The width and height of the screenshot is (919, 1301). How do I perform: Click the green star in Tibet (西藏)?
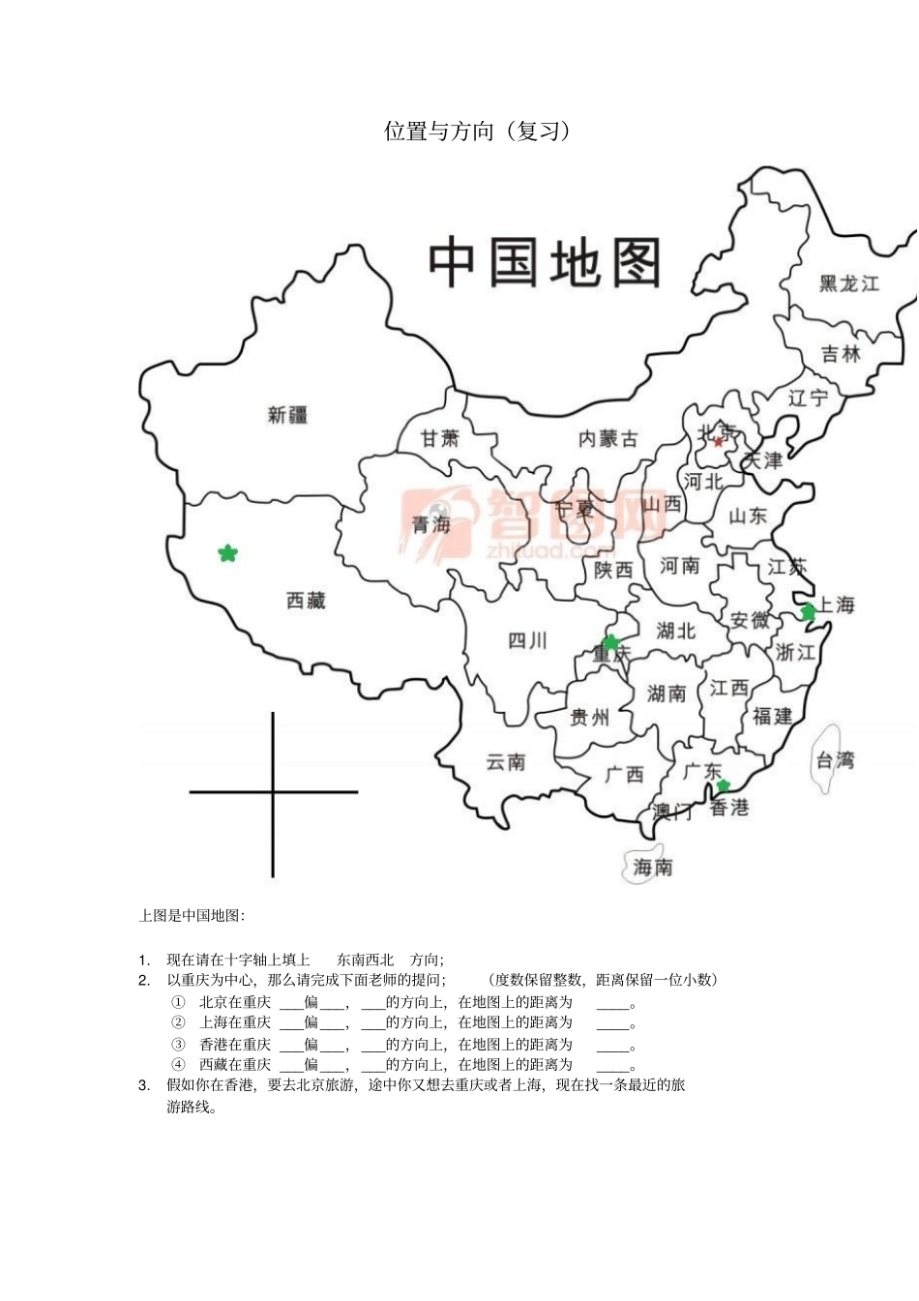coord(227,553)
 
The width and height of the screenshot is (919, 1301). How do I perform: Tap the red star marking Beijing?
coord(719,442)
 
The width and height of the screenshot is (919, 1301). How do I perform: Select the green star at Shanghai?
coord(809,611)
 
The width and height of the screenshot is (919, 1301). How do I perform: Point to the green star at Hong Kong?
coord(723,785)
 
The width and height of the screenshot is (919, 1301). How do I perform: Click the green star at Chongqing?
coord(610,642)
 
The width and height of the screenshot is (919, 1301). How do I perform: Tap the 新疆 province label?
coord(287,415)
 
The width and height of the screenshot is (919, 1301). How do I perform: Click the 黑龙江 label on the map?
coord(849,283)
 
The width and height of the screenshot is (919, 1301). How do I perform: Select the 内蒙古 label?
coord(608,439)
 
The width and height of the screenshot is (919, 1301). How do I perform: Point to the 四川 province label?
coord(527,640)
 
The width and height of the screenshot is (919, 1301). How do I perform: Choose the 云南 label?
coord(505,762)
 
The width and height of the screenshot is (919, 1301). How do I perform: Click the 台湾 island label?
coord(834,760)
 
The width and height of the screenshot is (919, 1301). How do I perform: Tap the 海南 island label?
coord(652,868)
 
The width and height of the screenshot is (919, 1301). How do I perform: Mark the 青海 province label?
coord(431,524)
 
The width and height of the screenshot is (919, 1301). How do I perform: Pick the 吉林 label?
coord(841,354)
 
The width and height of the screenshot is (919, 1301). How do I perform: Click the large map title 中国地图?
coord(545,263)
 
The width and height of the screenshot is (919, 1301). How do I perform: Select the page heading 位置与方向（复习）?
coord(478,132)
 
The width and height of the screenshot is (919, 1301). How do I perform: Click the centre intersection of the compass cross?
coord(273,792)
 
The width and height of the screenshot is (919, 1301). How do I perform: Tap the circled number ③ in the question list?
coord(178,1045)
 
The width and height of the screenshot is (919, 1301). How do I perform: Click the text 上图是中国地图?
coord(193,915)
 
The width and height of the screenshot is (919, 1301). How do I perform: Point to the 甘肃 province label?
coord(439,438)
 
